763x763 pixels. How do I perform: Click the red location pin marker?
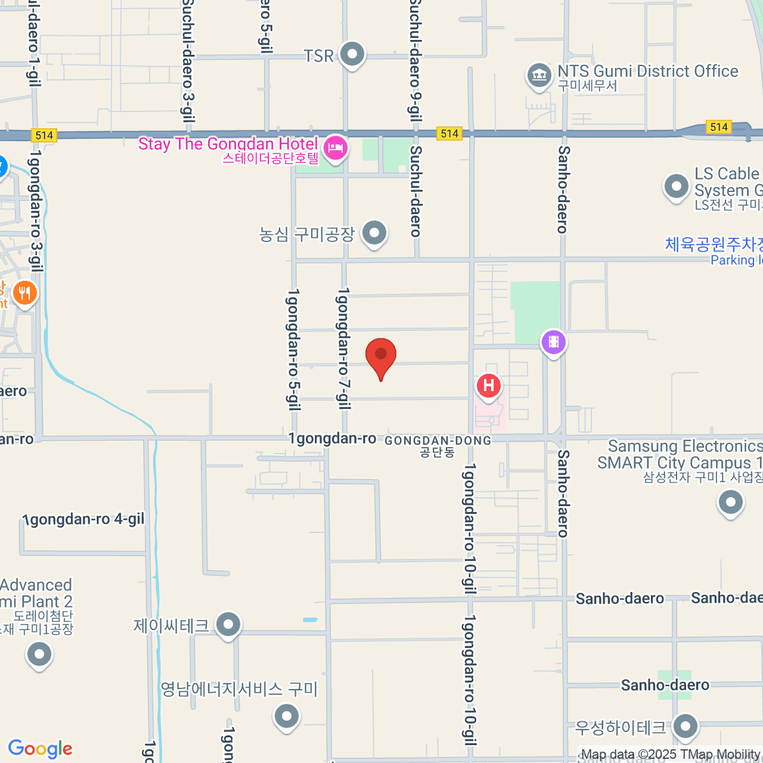381,355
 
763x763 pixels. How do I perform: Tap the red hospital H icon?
488,386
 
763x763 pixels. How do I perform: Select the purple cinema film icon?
553,342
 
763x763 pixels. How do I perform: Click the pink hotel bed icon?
335,149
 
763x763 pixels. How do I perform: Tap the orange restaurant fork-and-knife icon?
25,293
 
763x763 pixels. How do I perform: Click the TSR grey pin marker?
352,55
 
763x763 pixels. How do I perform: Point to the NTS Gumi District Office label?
647,71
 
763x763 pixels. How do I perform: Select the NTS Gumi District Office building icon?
539,76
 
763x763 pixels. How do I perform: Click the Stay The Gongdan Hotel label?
228,144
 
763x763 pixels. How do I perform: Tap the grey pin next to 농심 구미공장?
374,233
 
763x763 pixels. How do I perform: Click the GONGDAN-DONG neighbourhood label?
438,441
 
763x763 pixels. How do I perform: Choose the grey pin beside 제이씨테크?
228,625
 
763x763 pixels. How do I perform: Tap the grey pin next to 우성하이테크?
685,727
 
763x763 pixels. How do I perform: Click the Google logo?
40,749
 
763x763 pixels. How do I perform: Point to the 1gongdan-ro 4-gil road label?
83,519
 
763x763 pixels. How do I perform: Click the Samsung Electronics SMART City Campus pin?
730,503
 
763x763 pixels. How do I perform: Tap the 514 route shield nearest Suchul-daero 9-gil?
450,134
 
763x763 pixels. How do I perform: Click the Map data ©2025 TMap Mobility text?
671,755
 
